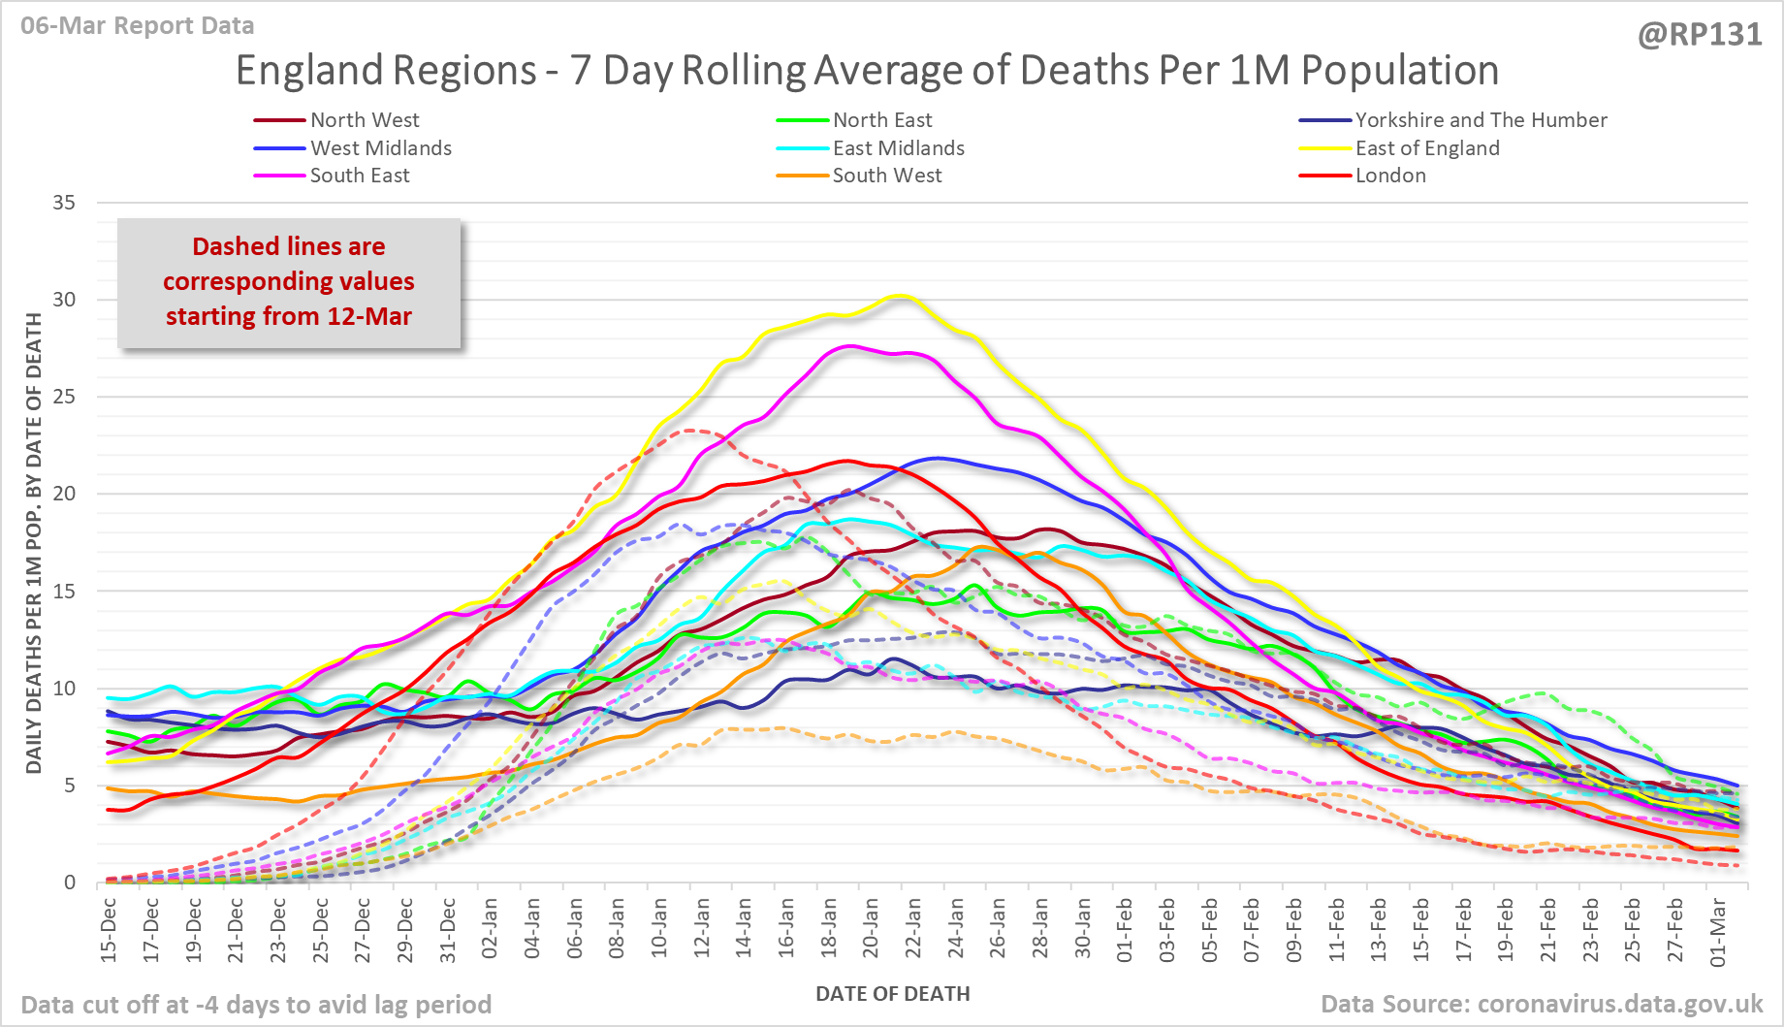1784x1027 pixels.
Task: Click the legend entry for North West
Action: coord(364,120)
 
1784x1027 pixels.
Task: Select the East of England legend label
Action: coord(1426,148)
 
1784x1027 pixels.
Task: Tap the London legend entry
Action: coord(1389,176)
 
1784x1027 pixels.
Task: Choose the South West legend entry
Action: coord(886,176)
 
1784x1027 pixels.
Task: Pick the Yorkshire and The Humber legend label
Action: coord(1480,120)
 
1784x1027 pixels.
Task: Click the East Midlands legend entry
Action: coord(898,148)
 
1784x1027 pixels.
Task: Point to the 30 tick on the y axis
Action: coord(64,300)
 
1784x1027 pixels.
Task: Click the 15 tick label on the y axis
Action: coord(64,591)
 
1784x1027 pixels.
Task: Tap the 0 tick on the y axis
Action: coord(70,883)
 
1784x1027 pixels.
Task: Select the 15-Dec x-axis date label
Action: coord(109,929)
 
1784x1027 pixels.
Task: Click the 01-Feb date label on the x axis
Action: coord(1125,929)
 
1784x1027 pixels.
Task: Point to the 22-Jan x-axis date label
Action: coord(913,929)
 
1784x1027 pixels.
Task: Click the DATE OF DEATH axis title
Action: coord(892,994)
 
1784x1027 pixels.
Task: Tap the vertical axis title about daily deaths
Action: coord(34,543)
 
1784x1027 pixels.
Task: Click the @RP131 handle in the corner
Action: coord(1699,35)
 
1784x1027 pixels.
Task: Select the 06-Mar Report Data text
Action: coord(137,26)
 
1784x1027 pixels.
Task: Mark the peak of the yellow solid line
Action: coord(901,295)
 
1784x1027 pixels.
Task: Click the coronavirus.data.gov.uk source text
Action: coord(1620,1004)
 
